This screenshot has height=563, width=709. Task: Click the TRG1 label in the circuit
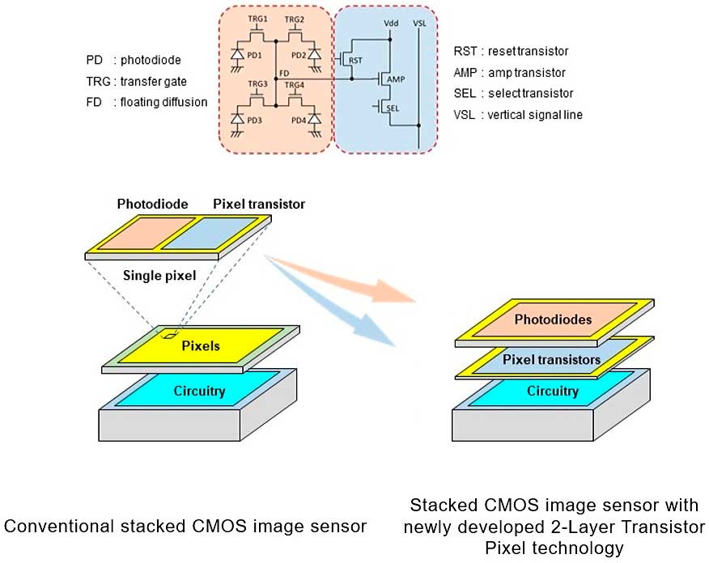coord(258,19)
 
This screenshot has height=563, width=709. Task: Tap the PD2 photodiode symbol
coord(314,54)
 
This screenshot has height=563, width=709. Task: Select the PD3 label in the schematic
coord(255,120)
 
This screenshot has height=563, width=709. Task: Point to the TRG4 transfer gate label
coord(295,85)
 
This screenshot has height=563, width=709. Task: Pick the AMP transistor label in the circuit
coord(396,81)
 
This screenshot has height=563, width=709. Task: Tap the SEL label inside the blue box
coord(393,108)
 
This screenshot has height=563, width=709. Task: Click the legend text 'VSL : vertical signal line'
coord(518,115)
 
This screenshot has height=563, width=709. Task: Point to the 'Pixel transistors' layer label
coord(550,359)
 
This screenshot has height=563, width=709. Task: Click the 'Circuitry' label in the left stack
coord(199,392)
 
